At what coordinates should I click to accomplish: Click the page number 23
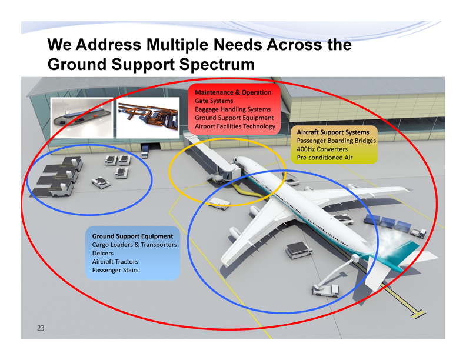(41, 328)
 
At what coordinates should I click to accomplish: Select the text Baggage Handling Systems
(232, 109)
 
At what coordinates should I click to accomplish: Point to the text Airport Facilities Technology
(234, 126)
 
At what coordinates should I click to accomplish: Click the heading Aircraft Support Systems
(333, 132)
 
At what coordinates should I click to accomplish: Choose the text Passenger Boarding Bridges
(336, 141)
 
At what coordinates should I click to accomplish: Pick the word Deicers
(102, 253)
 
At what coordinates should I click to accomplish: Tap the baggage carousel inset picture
(82, 117)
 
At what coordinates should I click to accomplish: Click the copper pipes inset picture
(148, 117)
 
